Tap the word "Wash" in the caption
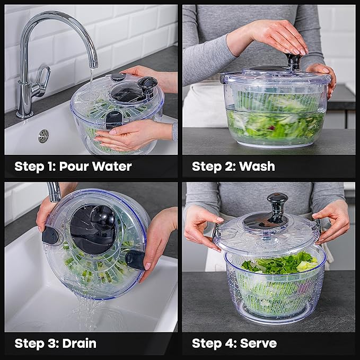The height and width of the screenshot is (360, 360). (x=257, y=166)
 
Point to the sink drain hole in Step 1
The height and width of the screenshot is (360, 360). (x=43, y=136)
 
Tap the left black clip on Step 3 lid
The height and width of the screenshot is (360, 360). (x=51, y=235)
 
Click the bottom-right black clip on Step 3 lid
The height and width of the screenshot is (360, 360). (x=135, y=259)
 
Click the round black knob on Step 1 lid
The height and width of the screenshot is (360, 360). (x=147, y=84)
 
